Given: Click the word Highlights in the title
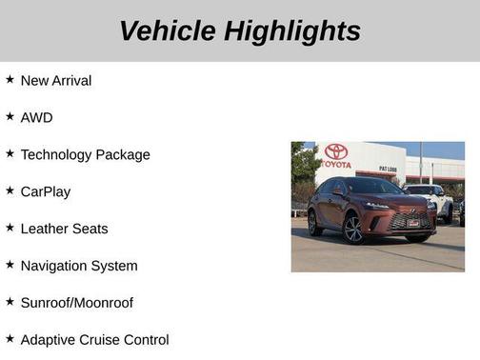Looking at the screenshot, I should tap(292, 31).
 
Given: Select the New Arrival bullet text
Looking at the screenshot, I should tap(56, 81).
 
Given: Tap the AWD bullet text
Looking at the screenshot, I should tap(36, 118).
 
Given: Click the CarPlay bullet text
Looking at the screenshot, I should tap(46, 192).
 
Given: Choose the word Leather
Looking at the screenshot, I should tap(44, 230).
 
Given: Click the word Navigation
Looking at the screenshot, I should tap(54, 267).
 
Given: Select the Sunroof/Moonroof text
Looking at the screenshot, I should tap(77, 304).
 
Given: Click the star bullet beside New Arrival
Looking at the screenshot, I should tap(10, 80).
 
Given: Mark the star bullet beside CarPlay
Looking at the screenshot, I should tap(10, 191).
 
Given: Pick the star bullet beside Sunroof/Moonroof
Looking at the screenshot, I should tap(10, 303).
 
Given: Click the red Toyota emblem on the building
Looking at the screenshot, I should tap(336, 151).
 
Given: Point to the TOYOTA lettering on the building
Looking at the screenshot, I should tap(336, 164).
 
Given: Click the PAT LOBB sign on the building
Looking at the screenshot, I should tap(388, 169).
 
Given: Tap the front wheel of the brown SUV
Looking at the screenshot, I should tap(353, 230).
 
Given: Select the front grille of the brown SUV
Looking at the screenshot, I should tap(410, 221).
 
